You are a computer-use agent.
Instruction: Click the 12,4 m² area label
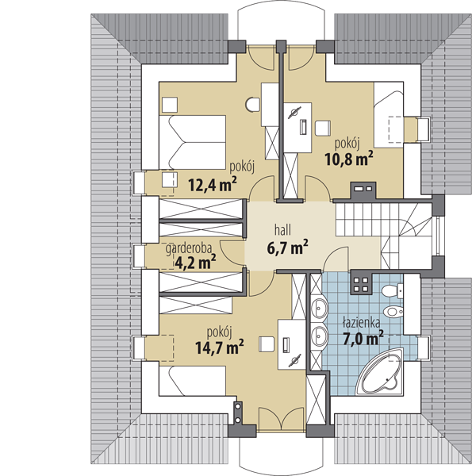coord(212,185)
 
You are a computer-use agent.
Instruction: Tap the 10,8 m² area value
coord(349,158)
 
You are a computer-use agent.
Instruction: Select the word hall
coord(282,229)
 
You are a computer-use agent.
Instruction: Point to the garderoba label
coord(189,248)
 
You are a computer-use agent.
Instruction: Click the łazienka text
coord(361,322)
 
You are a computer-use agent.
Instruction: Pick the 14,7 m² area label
coord(220,347)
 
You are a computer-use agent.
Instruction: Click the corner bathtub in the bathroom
coord(380,372)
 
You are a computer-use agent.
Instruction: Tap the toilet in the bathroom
coord(392,291)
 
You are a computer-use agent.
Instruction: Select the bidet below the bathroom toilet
coord(393,311)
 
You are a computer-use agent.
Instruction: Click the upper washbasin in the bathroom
coord(320,308)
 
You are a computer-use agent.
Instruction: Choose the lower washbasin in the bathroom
coord(320,336)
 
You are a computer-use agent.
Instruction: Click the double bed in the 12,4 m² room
coord(193,142)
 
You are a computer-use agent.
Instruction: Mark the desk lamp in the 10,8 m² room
coord(294,113)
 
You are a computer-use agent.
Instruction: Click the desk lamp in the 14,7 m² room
coord(294,361)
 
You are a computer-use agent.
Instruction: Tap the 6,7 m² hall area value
coord(288,248)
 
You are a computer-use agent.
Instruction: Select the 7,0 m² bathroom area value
coord(363,338)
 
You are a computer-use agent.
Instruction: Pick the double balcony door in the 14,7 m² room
coord(282,419)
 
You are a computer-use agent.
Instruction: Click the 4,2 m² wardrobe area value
coord(195,263)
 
